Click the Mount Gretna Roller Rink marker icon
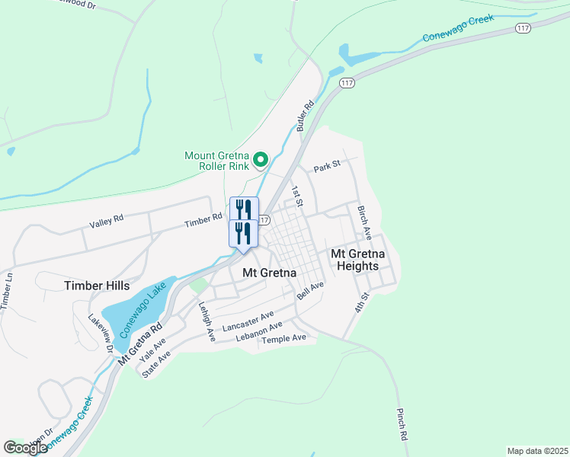coord(260,160)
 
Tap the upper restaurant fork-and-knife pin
coord(244,209)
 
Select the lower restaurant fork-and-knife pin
coord(244,232)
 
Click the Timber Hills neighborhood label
coord(97,285)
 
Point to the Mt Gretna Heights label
coord(354,260)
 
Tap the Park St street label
coord(326,164)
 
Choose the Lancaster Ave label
coord(248,321)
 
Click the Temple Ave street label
coord(283,338)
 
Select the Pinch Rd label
coord(402,426)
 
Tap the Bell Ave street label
coord(311,290)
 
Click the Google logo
coord(25,448)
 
